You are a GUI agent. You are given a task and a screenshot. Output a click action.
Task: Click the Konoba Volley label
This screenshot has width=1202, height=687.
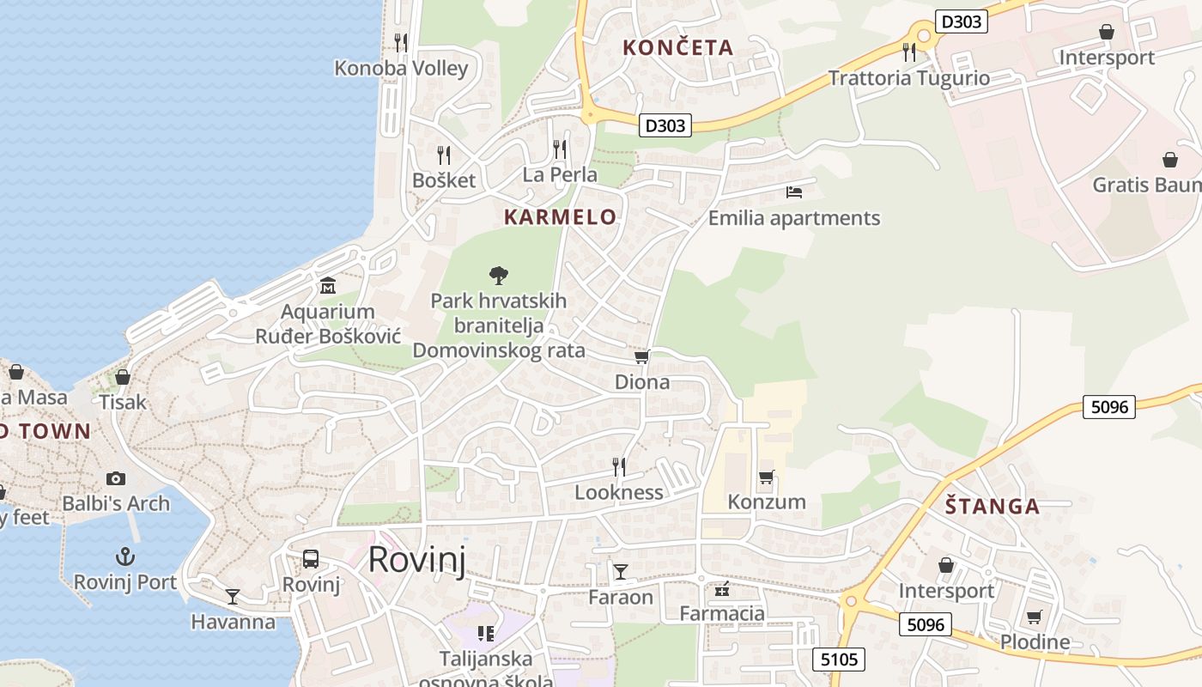[x=401, y=69]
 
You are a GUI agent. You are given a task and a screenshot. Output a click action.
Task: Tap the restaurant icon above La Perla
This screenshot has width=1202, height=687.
[x=560, y=149]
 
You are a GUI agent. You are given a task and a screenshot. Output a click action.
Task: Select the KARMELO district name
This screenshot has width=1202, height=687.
[x=560, y=217]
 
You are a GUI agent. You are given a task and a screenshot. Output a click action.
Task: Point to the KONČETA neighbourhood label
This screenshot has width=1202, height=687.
[x=677, y=48]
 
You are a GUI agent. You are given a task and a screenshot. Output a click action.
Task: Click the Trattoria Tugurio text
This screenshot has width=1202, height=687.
[x=908, y=78]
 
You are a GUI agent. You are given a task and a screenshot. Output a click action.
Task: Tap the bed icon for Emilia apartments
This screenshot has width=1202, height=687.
[x=794, y=192]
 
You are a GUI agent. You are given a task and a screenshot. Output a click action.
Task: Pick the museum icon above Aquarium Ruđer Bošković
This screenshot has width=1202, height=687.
[x=327, y=285]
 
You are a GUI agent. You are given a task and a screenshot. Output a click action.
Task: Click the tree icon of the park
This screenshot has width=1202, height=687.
[x=498, y=276]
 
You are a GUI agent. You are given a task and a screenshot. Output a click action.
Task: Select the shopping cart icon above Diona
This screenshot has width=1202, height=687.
[x=641, y=356]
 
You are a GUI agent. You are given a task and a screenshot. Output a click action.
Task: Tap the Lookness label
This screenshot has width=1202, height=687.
[x=618, y=492]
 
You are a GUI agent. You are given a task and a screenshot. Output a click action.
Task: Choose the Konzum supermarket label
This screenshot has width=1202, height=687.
[x=767, y=502]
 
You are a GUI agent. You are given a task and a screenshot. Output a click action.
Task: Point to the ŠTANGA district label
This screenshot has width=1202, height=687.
[x=993, y=506]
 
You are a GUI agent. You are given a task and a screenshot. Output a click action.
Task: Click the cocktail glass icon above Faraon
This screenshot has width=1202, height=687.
[x=620, y=571]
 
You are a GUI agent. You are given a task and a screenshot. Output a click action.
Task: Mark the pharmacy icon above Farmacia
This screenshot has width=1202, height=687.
[x=721, y=589]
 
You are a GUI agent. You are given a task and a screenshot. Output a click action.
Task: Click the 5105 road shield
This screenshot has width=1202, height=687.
[x=839, y=659]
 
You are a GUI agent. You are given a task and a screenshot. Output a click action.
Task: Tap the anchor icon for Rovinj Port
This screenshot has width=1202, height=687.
[x=125, y=556]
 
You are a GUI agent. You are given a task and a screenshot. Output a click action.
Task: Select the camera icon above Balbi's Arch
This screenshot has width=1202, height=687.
[x=116, y=478]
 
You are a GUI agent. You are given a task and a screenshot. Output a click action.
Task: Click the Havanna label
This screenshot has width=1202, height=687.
[x=234, y=622]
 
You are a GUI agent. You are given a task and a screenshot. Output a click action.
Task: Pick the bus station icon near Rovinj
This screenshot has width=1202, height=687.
[x=311, y=559]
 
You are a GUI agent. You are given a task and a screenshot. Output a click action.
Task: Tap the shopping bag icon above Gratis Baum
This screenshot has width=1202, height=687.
[x=1169, y=160]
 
